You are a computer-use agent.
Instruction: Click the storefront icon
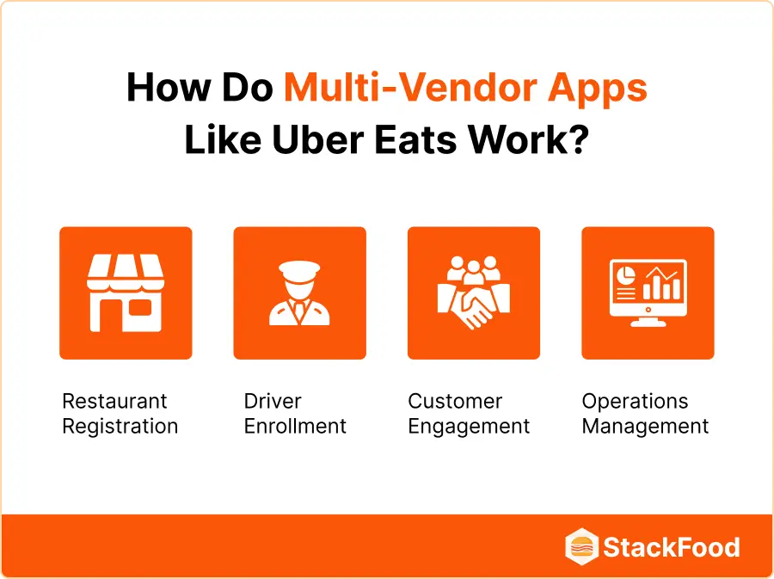(x=126, y=293)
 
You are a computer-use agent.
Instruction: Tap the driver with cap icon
(x=299, y=293)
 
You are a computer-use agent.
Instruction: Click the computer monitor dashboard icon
(x=647, y=293)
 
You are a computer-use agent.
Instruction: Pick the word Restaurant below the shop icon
(x=114, y=402)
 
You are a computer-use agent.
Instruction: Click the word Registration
(x=120, y=426)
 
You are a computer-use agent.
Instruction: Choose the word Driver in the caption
(x=273, y=402)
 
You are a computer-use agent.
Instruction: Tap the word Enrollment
(x=295, y=426)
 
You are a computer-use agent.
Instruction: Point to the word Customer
(x=455, y=402)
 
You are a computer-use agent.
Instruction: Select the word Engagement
(x=469, y=426)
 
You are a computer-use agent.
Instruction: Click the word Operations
(x=635, y=402)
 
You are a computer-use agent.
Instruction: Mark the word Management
(x=645, y=426)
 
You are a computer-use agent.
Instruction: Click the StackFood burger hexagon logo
(x=581, y=547)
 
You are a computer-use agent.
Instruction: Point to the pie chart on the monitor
(x=625, y=278)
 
